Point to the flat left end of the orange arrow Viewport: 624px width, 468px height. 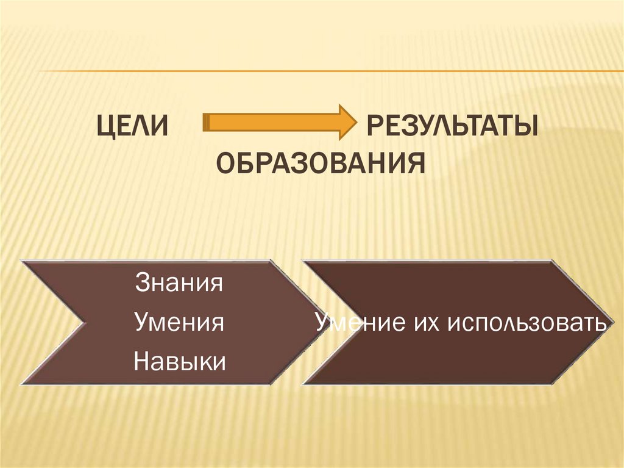(x=205, y=122)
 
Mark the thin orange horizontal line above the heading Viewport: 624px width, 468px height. (x=329, y=71)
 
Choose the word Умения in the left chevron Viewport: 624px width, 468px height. (x=179, y=322)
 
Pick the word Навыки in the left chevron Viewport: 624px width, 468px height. (x=179, y=361)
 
